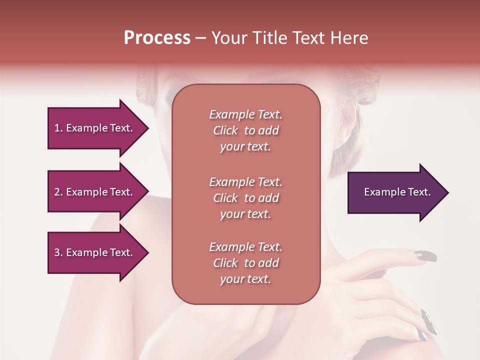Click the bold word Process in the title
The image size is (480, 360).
tap(157, 38)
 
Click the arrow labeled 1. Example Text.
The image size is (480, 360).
tap(95, 128)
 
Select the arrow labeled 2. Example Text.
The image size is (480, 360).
tap(95, 192)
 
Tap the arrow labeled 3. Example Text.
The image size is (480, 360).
tap(95, 252)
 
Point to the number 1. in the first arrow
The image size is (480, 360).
tap(58, 128)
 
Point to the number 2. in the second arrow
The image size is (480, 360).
tap(58, 192)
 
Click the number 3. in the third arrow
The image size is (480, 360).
tap(58, 252)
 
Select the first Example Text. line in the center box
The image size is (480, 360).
tap(245, 114)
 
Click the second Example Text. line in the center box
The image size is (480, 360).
tap(245, 181)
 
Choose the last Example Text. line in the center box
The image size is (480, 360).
tap(245, 247)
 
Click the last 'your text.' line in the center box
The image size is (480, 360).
tap(245, 279)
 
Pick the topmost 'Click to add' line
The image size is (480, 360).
tap(245, 130)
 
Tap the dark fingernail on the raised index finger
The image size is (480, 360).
tap(425, 257)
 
